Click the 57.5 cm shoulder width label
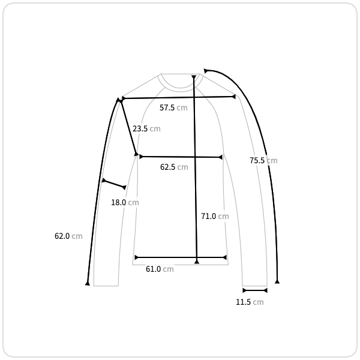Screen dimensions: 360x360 point(173,107)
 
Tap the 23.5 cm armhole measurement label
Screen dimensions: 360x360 point(146,128)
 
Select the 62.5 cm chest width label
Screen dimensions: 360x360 point(174,167)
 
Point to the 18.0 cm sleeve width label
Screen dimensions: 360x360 point(125,203)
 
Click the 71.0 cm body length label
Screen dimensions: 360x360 point(215,216)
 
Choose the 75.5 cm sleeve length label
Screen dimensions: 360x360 point(263,160)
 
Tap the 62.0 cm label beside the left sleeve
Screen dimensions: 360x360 point(68,236)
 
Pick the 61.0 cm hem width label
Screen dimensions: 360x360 point(160,269)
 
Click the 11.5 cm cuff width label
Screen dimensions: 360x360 point(250,302)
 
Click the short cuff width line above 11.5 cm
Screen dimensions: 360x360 point(255,290)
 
